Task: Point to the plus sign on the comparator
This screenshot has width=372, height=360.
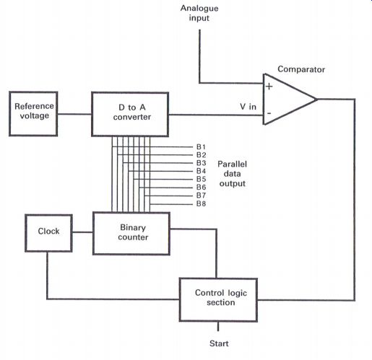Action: [x=269, y=86]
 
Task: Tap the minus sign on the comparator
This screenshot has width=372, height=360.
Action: [x=269, y=113]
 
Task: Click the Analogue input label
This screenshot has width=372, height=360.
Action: [x=199, y=13]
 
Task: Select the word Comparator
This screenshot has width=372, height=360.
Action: [x=301, y=69]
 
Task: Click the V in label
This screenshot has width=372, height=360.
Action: [x=248, y=107]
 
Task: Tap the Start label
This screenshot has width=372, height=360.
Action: [x=219, y=343]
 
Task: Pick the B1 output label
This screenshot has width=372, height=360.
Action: [x=201, y=146]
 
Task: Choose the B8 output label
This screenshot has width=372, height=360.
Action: [x=201, y=203]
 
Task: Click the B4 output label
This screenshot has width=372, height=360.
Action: [x=201, y=171]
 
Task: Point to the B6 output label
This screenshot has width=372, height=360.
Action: [x=201, y=187]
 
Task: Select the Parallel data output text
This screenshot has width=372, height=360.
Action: [x=232, y=174]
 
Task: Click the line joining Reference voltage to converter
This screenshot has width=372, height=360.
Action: [x=74, y=114]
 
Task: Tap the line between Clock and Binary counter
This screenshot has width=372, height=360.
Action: [x=82, y=232]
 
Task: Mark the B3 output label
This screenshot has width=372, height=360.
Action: [x=201, y=163]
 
